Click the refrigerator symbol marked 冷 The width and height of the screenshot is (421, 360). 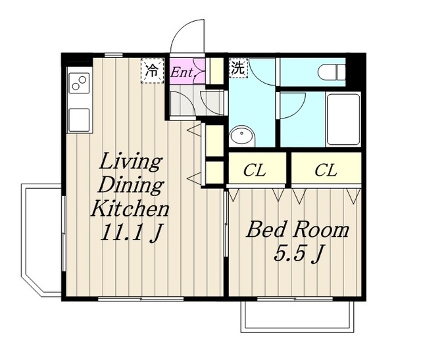point(152,70)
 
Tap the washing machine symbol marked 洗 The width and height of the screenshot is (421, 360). point(238,68)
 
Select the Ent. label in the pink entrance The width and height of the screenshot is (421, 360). point(182,72)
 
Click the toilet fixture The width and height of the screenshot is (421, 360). point(331,72)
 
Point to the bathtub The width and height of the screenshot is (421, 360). point(343,119)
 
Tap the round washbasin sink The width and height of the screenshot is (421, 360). point(242,136)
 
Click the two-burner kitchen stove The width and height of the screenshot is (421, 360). point(79,83)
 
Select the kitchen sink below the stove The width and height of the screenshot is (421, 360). point(79,120)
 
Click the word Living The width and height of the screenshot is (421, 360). point(130,162)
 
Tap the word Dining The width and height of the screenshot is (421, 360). point(130,185)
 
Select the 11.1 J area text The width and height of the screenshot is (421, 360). point(131,232)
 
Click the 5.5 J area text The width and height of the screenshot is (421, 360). point(297,253)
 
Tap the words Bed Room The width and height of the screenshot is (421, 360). point(297,230)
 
